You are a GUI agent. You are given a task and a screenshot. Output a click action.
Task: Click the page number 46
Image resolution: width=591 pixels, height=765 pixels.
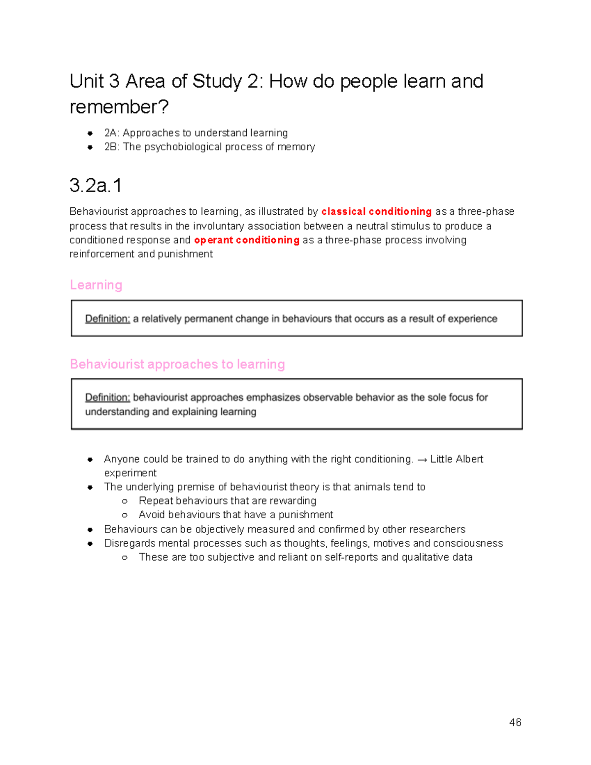(515, 722)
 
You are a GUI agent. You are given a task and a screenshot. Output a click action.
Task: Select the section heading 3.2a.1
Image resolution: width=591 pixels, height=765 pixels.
(96, 186)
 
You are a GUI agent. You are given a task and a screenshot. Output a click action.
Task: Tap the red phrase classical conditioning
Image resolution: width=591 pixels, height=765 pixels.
(376, 212)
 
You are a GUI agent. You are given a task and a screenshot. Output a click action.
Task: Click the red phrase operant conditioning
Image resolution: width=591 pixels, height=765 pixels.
(247, 240)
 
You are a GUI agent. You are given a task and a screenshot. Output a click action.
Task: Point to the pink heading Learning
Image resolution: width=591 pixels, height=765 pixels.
(96, 285)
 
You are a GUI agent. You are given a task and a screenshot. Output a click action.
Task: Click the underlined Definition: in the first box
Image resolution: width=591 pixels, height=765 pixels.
(107, 319)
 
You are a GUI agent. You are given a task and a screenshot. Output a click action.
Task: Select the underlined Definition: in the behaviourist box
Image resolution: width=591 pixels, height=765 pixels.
(107, 398)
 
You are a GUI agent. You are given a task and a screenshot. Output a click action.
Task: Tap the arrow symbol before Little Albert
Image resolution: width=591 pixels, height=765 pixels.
(422, 460)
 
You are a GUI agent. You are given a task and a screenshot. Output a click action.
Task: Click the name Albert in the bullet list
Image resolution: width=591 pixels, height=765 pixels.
(470, 459)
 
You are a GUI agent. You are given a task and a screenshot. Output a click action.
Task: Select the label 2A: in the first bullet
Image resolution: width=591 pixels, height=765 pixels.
(112, 133)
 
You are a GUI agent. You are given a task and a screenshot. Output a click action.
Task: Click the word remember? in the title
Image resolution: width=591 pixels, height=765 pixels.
(119, 107)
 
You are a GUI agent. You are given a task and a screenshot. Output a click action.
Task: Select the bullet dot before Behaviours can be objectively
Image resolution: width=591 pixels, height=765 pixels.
(90, 530)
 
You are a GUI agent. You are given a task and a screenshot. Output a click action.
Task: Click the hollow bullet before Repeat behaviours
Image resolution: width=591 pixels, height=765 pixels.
(125, 501)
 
